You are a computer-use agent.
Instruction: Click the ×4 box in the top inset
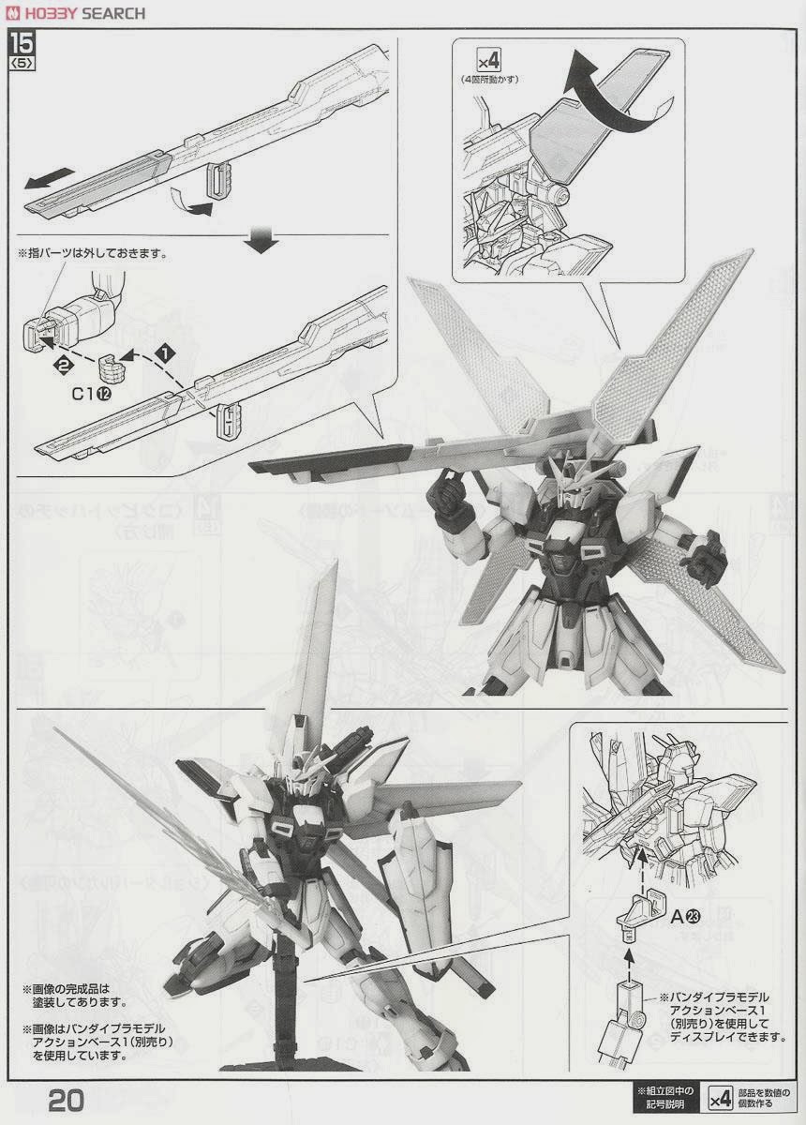(486, 62)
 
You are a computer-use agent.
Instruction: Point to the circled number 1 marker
(166, 353)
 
